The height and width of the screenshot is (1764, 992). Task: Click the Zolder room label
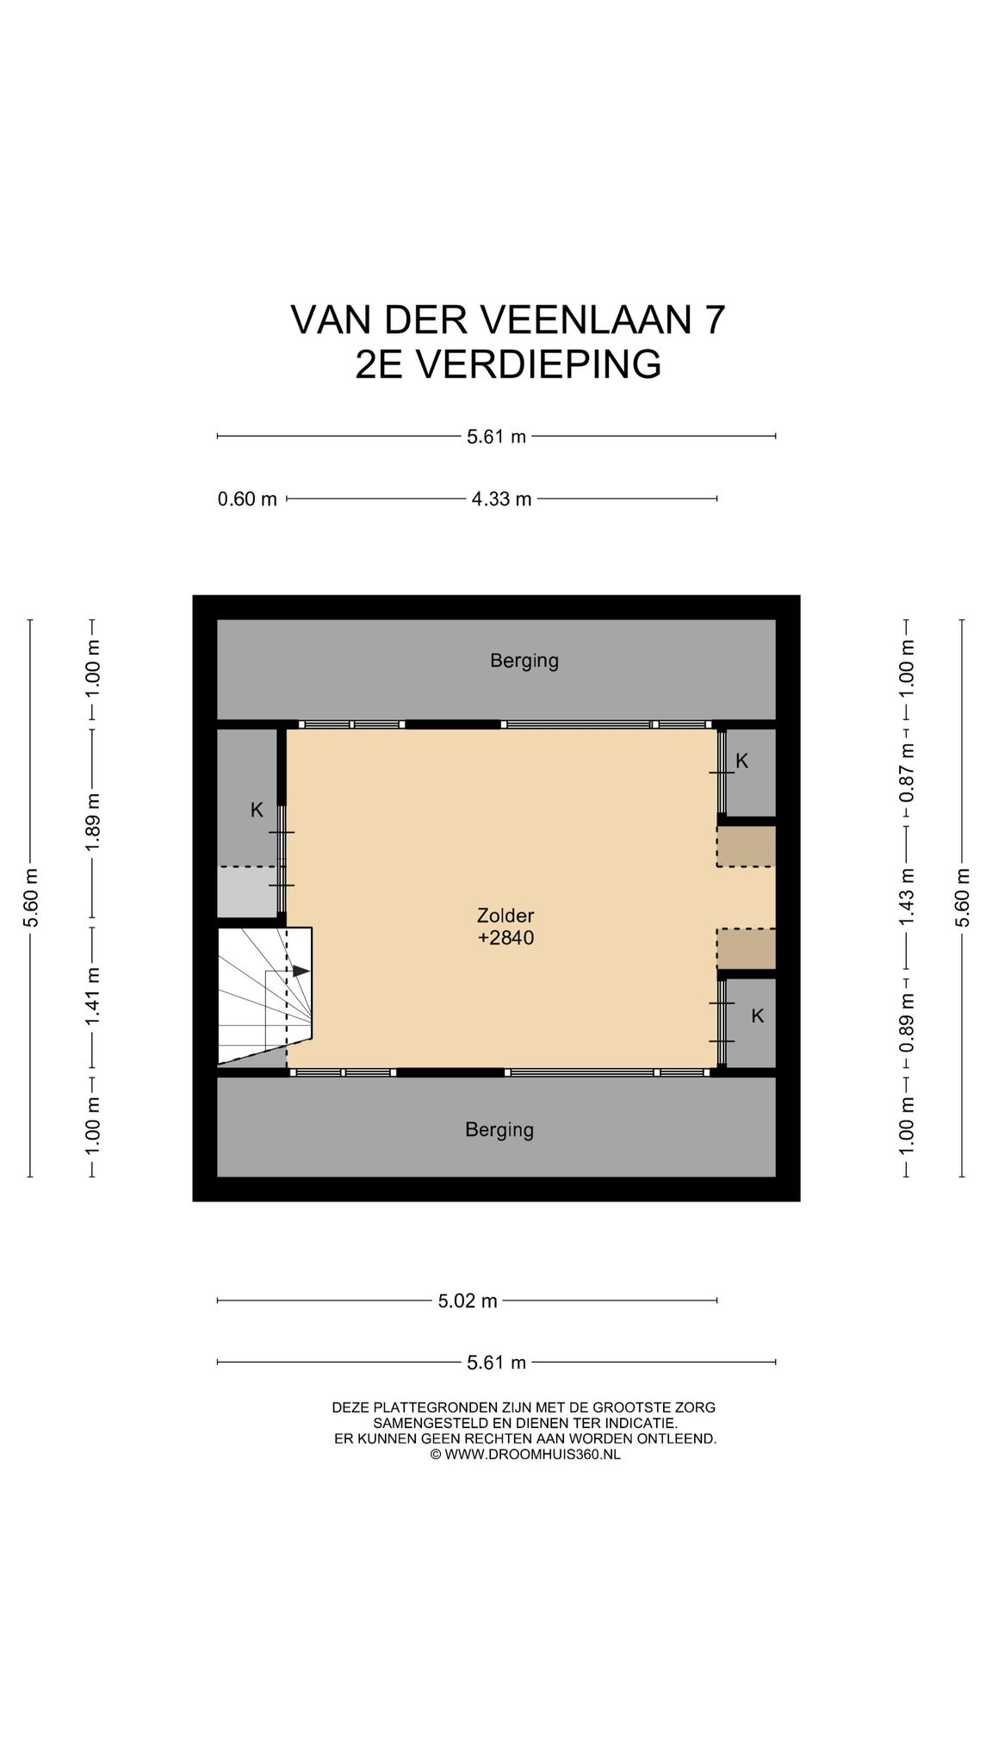click(505, 915)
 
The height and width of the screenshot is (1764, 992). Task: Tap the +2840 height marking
click(505, 938)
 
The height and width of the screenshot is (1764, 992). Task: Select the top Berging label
click(524, 661)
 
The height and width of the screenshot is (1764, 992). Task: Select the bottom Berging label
click(499, 1129)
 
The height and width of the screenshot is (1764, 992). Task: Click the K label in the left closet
click(257, 810)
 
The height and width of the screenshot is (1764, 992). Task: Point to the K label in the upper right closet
click(742, 761)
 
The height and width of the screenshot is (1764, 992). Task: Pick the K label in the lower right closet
click(758, 1016)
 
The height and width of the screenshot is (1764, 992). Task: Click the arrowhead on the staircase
click(301, 971)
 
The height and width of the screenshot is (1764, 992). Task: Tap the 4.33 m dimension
click(501, 499)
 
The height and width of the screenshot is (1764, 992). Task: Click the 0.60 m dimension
click(247, 499)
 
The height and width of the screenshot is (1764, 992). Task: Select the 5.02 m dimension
click(468, 1301)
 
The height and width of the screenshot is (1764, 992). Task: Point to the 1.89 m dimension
click(93, 821)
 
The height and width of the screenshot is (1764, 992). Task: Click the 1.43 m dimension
click(907, 898)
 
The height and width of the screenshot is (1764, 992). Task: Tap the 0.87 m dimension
click(907, 773)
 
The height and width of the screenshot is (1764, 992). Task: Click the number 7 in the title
click(715, 320)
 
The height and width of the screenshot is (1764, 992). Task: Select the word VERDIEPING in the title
click(540, 363)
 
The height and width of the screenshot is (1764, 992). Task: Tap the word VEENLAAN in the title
click(584, 320)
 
